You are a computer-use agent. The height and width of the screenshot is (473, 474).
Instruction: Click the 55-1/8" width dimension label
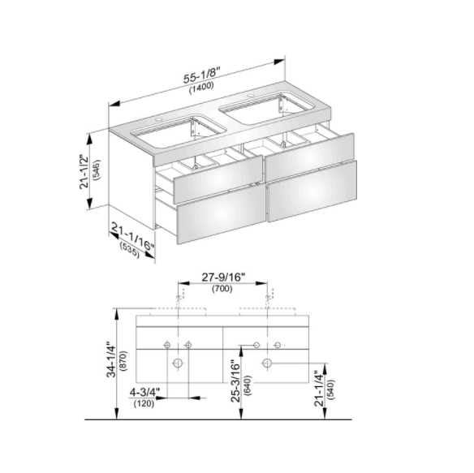[x=200, y=75]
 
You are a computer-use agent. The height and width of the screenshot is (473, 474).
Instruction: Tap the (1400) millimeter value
[x=201, y=88]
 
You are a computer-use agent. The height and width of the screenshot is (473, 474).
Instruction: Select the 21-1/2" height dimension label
[x=84, y=171]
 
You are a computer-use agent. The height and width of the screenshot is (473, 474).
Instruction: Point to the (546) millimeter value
[x=97, y=170]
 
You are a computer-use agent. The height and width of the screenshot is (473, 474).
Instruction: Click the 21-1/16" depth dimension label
[x=132, y=236]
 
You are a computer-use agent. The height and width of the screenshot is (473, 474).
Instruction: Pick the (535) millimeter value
[x=130, y=251]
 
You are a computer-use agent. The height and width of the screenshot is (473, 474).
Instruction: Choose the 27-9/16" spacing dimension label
[x=223, y=277]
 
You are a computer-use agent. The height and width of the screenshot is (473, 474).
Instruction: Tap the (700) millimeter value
[x=222, y=289]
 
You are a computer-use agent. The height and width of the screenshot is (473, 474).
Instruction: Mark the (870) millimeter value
[x=123, y=360]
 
